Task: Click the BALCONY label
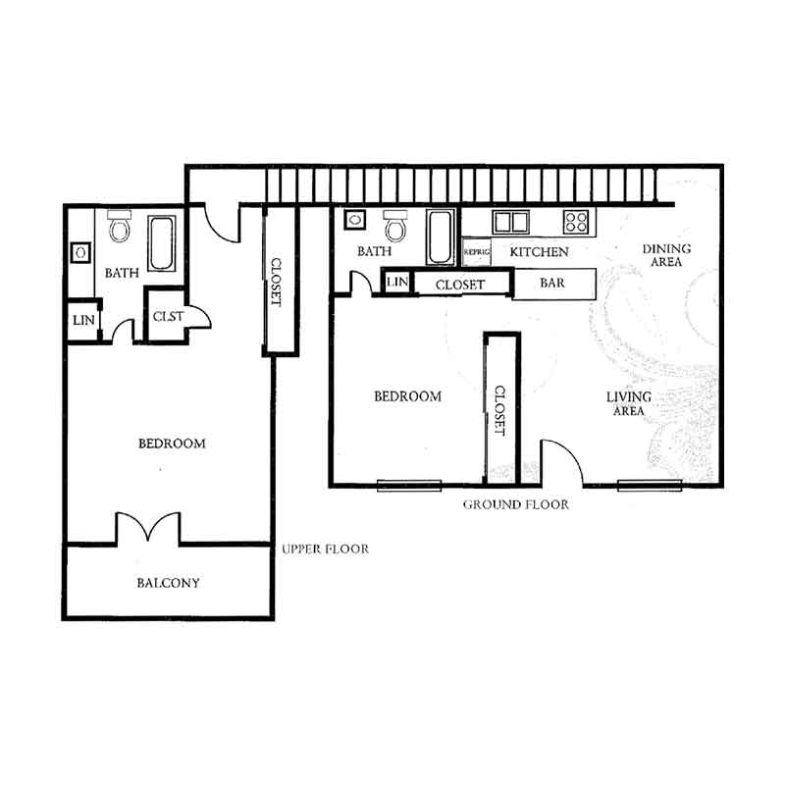click(x=168, y=583)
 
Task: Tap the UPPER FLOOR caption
click(x=326, y=549)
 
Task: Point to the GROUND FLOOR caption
click(x=516, y=504)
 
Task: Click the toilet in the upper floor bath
click(x=120, y=226)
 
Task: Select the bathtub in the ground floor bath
click(x=440, y=236)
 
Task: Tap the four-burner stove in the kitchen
click(x=575, y=222)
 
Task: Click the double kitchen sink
click(x=510, y=223)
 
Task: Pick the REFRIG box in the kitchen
click(x=476, y=252)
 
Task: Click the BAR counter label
click(x=552, y=283)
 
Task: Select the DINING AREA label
click(x=666, y=255)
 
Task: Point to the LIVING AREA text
click(x=629, y=403)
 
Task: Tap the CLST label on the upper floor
click(x=168, y=316)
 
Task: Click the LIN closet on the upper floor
click(x=83, y=320)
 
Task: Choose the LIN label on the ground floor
click(x=397, y=282)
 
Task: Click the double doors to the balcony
click(x=148, y=527)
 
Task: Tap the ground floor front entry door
click(x=562, y=462)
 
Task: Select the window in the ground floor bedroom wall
click(x=409, y=485)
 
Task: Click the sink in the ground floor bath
click(x=355, y=220)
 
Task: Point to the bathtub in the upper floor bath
click(x=162, y=243)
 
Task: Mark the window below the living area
click(x=650, y=485)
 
